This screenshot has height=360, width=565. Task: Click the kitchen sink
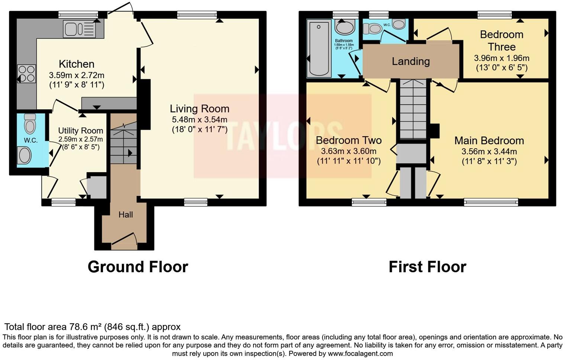[x=79, y=29]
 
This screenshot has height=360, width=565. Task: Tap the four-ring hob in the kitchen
[x=26, y=74]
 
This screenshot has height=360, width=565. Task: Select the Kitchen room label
[x=77, y=64]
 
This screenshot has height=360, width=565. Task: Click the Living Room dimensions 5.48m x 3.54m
[x=199, y=119]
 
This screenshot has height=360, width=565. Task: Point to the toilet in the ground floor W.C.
[x=30, y=123]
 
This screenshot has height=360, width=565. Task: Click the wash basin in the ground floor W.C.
[x=25, y=155]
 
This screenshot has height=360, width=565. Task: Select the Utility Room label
[x=81, y=131]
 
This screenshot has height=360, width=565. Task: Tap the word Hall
[x=126, y=215]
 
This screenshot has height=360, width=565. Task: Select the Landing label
[x=411, y=61]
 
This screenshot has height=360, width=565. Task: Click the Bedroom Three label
[x=501, y=41]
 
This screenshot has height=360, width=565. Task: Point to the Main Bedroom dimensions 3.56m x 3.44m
[x=489, y=151]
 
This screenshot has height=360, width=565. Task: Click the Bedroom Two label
[x=349, y=140]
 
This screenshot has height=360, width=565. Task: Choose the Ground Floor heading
[x=138, y=267]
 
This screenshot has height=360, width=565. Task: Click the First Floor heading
[x=427, y=267]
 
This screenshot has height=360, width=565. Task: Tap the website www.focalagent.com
[x=360, y=354]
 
